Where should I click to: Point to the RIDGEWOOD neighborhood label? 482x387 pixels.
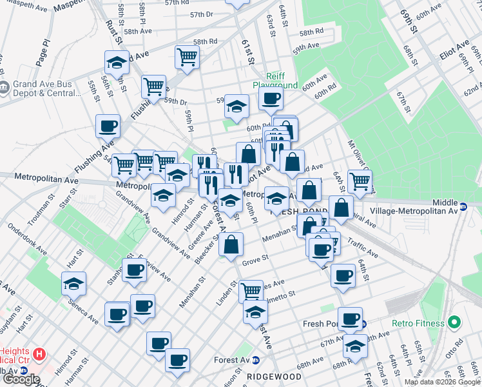[x=274, y=376]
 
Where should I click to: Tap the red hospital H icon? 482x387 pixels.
[x=40, y=353]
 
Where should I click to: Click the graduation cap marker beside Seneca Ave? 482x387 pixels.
[x=74, y=283]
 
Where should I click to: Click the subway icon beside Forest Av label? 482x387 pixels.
[x=256, y=361]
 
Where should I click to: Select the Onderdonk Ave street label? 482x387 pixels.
[x=28, y=241]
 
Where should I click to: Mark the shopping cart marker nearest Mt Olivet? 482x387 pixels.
[x=360, y=181]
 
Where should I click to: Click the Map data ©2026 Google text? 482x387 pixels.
[x=443, y=382]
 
